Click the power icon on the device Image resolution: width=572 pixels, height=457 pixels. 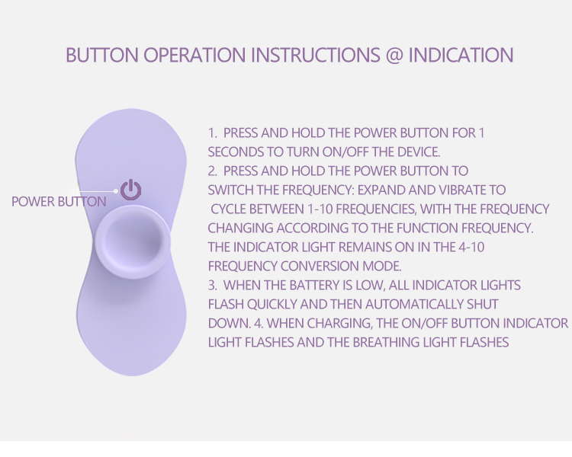pyautogui.click(x=131, y=190)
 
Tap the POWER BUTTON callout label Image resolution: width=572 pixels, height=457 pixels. pyautogui.click(x=59, y=202)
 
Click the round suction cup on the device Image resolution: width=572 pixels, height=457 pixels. pyautogui.click(x=133, y=241)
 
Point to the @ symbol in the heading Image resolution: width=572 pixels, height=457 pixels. pyautogui.click(x=394, y=55)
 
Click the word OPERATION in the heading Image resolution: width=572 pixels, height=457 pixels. pyautogui.click(x=194, y=55)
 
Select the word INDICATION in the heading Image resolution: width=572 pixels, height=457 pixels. pyautogui.click(x=461, y=55)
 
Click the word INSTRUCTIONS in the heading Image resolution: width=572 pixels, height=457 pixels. pyautogui.click(x=316, y=55)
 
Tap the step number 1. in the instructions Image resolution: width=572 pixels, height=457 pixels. pyautogui.click(x=213, y=133)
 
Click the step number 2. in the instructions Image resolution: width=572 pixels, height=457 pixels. pyautogui.click(x=213, y=171)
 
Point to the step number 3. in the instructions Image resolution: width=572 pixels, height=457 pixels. pyautogui.click(x=213, y=285)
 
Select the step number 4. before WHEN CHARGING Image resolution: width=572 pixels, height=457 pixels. pyautogui.click(x=259, y=323)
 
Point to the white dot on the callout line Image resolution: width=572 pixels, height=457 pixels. pyautogui.click(x=116, y=191)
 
